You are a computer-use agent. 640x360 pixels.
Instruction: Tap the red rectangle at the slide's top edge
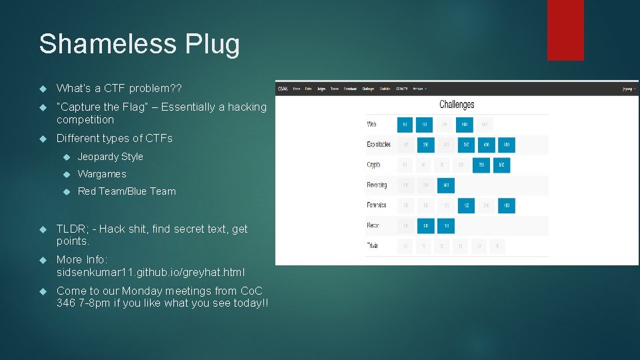(565, 30)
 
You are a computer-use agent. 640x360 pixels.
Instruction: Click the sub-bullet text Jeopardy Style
(110, 157)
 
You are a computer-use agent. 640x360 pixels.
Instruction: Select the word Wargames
(101, 174)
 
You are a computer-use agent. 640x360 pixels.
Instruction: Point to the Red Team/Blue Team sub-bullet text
(127, 191)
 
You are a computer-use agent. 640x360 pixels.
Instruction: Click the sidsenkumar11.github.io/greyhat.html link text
(151, 272)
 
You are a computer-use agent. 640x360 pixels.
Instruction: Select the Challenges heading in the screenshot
(457, 105)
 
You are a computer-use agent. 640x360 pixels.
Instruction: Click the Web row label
(372, 124)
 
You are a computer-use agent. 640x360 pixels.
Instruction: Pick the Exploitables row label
(378, 144)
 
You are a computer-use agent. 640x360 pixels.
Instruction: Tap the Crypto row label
(373, 165)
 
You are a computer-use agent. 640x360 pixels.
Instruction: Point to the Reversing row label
(377, 185)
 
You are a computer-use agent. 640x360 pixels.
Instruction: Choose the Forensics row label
(377, 205)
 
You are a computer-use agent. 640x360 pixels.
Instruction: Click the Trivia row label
(372, 246)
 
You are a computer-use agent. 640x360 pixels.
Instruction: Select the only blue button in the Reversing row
(446, 185)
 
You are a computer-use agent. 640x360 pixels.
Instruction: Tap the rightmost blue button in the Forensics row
(506, 206)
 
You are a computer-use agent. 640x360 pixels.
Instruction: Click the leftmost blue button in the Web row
(405, 125)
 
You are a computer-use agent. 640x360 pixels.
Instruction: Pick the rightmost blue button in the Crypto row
(501, 165)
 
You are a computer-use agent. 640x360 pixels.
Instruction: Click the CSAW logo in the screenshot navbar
(283, 88)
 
